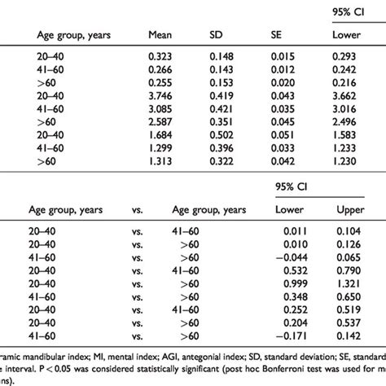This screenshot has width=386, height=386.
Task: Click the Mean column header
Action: pos(160,35)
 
